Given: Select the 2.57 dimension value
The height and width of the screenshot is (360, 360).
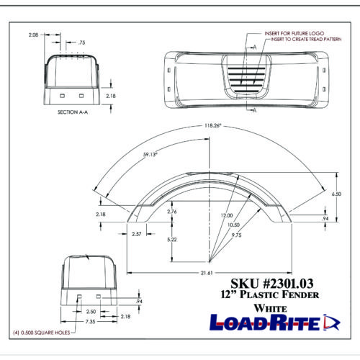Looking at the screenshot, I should click(x=136, y=235).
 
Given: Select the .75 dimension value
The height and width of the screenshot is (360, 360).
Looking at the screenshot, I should click(x=81, y=42).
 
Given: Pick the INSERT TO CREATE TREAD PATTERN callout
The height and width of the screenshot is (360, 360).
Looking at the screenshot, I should click(x=302, y=41).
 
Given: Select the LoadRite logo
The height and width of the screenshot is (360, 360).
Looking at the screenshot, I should click(x=274, y=323).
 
